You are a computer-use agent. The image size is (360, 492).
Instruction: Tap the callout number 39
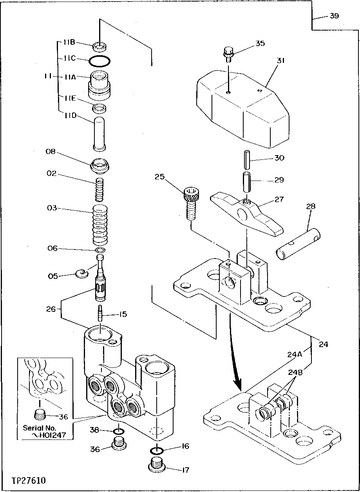pyautogui.click(x=334, y=16)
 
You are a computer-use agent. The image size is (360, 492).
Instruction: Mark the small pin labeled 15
pyautogui.click(x=101, y=313)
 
